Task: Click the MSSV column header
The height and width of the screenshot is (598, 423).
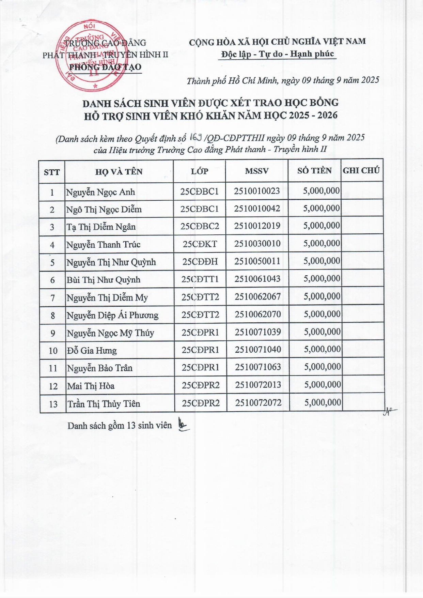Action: pyautogui.click(x=257, y=171)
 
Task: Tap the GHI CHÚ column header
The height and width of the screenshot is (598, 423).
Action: pyautogui.click(x=361, y=170)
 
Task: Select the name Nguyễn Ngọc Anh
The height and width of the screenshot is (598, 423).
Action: pyautogui.click(x=100, y=192)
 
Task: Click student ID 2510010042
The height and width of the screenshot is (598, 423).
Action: pyautogui.click(x=257, y=209)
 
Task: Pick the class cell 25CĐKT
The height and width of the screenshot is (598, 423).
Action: pyautogui.click(x=200, y=244)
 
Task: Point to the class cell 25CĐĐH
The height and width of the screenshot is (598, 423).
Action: pyautogui.click(x=200, y=262)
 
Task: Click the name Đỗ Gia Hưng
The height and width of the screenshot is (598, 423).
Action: pyautogui.click(x=92, y=350)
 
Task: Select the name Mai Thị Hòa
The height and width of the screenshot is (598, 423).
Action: pyautogui.click(x=91, y=386)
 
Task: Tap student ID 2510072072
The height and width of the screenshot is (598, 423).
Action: pyautogui.click(x=258, y=403)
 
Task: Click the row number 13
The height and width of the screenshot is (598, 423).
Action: pyautogui.click(x=53, y=404)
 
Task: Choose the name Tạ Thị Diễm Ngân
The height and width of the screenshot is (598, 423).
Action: pyautogui.click(x=101, y=227)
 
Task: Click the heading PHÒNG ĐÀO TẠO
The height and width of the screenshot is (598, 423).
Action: pyautogui.click(x=105, y=67)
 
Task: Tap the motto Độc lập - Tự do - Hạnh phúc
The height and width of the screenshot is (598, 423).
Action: pyautogui.click(x=277, y=54)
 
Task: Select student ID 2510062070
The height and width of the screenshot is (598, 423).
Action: pyautogui.click(x=257, y=314)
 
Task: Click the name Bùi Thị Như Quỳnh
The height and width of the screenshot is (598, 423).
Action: pyautogui.click(x=103, y=280)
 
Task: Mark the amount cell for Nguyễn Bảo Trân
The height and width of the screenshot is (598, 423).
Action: pyautogui.click(x=322, y=367)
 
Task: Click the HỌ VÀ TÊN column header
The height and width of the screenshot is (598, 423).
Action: pyautogui.click(x=119, y=171)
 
